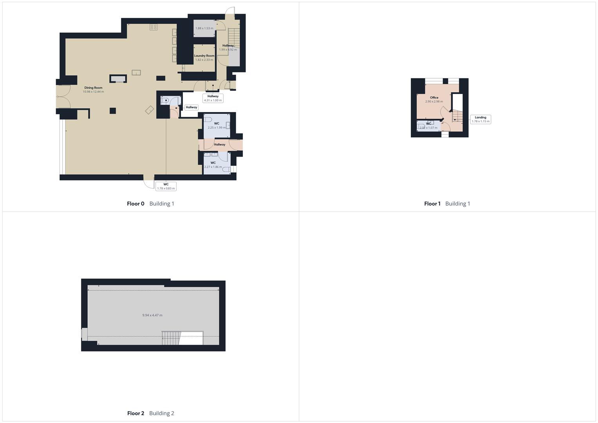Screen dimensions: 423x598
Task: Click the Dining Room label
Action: click(93, 88)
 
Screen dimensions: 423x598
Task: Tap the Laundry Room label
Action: click(204, 56)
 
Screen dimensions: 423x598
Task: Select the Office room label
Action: click(434, 98)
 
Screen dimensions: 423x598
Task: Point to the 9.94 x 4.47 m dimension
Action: click(152, 315)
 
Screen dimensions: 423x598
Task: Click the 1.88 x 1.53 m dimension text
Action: click(204, 28)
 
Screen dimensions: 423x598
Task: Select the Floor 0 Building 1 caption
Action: click(150, 204)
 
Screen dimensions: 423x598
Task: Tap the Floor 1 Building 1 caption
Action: click(447, 204)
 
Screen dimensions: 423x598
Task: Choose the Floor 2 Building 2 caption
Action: click(150, 413)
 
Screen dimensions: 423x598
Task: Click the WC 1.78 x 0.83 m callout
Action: click(166, 186)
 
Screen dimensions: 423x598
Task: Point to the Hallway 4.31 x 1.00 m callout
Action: click(213, 98)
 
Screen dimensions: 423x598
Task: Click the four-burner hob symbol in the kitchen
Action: click(154, 27)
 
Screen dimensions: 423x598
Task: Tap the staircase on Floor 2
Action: click(170, 338)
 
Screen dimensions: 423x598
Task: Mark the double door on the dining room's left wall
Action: click(63, 96)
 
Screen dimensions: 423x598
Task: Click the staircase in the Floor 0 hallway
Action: click(234, 37)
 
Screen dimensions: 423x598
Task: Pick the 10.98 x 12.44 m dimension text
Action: click(93, 92)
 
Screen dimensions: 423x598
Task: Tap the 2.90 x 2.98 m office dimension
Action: click(434, 101)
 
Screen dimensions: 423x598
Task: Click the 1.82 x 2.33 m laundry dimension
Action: click(204, 60)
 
